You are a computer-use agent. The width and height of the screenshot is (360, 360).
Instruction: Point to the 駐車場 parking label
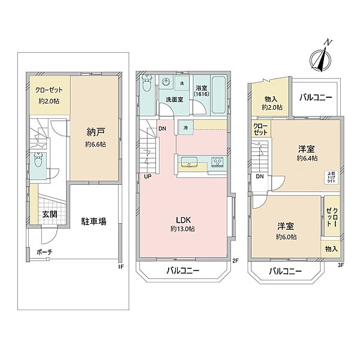(94, 221)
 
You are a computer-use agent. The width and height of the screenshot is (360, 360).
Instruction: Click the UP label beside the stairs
(147, 176)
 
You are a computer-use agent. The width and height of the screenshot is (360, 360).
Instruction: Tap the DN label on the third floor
(260, 176)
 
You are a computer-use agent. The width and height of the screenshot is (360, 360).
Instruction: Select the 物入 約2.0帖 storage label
(271, 102)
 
